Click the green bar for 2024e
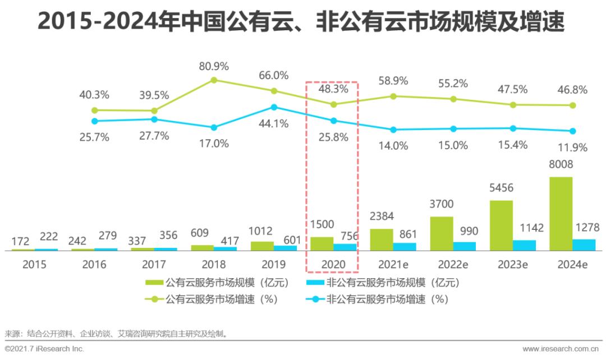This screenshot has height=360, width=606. (x=561, y=213)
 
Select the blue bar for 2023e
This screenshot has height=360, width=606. (x=525, y=244)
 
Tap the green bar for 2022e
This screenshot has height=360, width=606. (x=442, y=233)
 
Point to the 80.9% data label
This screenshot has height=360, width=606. (x=214, y=66)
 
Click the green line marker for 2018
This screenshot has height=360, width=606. (x=214, y=80)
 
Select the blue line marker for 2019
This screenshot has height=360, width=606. (x=274, y=107)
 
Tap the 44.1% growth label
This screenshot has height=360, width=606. (x=274, y=124)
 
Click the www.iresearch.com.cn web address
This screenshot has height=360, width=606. (x=562, y=349)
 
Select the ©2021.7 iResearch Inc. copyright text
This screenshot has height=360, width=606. (x=44, y=349)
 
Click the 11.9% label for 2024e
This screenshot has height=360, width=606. (x=572, y=148)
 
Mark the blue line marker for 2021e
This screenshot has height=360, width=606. (x=393, y=130)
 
